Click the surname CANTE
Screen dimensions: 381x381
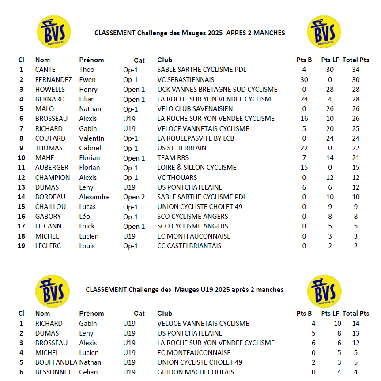point(45,70)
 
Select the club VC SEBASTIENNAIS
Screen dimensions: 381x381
point(186,80)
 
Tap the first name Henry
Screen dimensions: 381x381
point(88,90)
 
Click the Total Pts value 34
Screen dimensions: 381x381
point(356,70)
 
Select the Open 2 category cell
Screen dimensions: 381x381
point(134,197)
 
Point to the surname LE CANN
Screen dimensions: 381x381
point(49,226)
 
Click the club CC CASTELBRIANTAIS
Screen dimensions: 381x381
point(189,246)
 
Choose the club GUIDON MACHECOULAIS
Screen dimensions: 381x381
point(196,372)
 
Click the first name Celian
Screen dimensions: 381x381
point(89,372)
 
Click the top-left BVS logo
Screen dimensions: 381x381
point(53,32)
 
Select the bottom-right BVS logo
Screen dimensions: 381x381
point(324,292)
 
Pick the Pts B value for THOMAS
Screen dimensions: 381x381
point(304,148)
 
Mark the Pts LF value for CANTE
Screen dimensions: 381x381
point(330,70)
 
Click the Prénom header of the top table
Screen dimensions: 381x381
point(91,60)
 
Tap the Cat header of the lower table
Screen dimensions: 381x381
point(140,314)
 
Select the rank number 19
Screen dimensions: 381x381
point(21,246)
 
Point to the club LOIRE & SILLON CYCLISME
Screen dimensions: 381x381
point(197,168)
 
